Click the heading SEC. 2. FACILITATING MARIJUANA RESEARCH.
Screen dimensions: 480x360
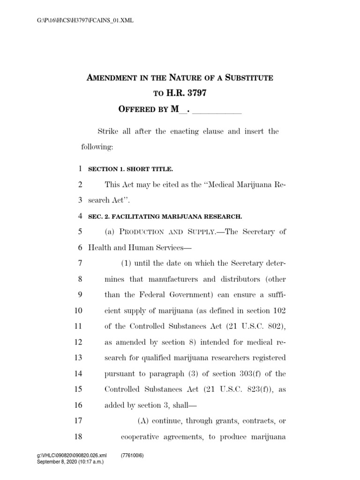[x=165, y=216]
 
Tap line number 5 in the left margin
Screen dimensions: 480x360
[x=80, y=232]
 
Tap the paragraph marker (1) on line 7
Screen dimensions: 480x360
[x=127, y=263]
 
